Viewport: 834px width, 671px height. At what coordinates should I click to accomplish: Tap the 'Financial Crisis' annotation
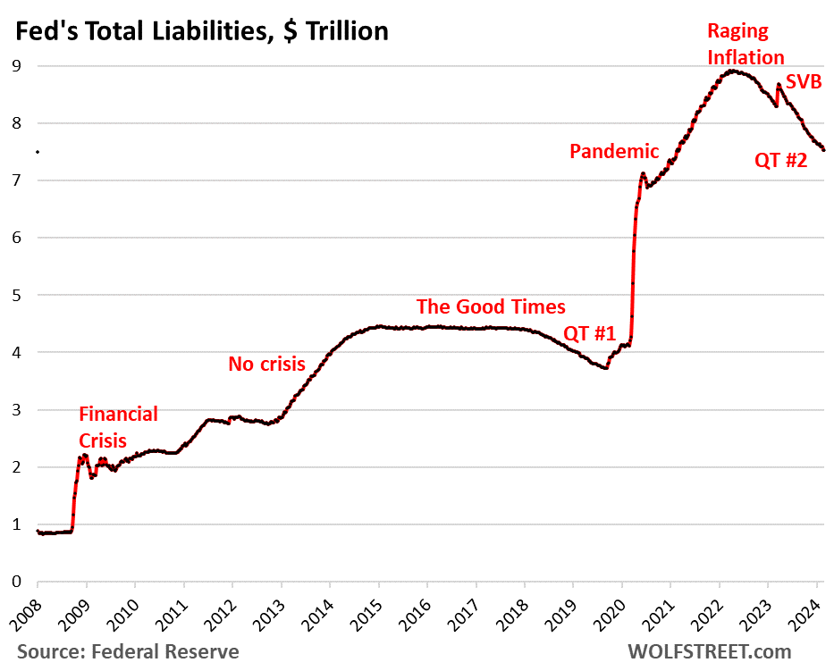(x=119, y=427)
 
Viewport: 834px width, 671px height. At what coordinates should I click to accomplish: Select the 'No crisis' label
(x=266, y=364)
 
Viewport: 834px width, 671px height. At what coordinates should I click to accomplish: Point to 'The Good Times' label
(x=491, y=306)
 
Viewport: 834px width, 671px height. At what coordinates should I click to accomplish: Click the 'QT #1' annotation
(x=589, y=334)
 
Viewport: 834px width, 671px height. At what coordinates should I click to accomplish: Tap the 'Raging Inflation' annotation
(x=746, y=44)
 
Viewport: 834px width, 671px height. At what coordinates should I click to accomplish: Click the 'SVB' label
(x=803, y=83)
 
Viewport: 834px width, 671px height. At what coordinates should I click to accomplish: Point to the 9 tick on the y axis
(x=16, y=66)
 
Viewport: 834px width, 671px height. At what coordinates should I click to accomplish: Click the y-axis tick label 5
(x=16, y=295)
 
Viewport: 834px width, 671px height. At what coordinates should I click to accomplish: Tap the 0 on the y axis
(x=16, y=582)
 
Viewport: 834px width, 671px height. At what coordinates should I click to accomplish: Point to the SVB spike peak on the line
(x=779, y=85)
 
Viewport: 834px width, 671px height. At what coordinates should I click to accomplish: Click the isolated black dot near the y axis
(x=37, y=152)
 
